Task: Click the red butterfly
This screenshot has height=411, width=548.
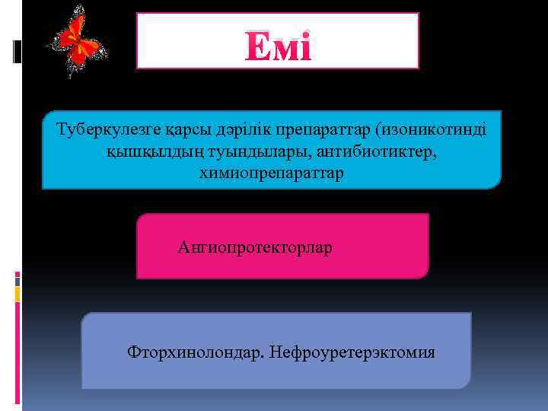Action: pyautogui.click(x=77, y=41)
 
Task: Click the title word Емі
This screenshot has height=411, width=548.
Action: pyautogui.click(x=278, y=49)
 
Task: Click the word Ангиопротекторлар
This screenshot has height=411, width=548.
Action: pyautogui.click(x=254, y=248)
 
